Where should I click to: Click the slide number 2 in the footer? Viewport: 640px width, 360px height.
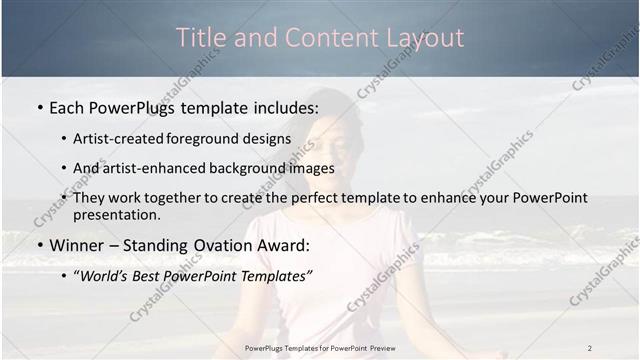(x=589, y=348)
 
